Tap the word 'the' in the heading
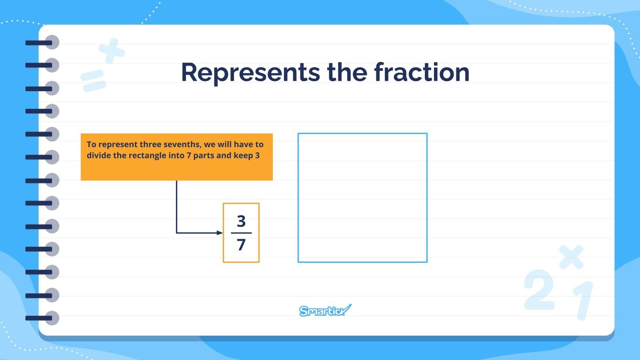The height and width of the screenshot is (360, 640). coord(347,72)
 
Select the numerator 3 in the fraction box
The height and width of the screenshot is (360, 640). coord(241,221)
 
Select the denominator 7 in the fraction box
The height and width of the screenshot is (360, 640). coord(241,244)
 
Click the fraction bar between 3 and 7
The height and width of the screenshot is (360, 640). coord(241,233)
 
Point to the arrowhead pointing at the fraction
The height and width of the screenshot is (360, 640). coord(220,233)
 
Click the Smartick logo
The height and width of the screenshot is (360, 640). coord(325,310)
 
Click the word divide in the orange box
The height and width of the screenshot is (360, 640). coord(99,156)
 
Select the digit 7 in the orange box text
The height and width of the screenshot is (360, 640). coord(189,156)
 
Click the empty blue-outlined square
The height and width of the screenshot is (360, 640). coord(362,198)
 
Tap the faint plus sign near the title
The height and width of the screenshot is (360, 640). coord(112,51)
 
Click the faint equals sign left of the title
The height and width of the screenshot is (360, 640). coord(93,80)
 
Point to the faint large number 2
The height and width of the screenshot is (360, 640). coord(540,290)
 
